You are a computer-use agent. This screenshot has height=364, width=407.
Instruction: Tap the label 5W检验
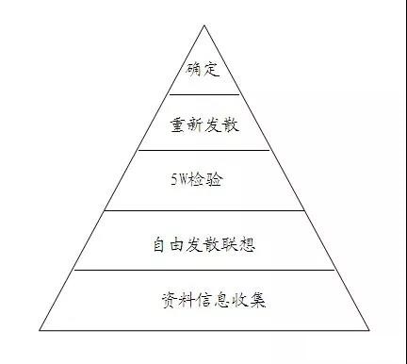(200, 179)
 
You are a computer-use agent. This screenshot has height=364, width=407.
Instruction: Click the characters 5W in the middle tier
(183, 179)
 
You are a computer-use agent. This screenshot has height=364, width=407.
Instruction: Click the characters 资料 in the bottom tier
(174, 302)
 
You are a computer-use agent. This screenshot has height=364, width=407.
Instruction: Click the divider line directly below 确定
(204, 94)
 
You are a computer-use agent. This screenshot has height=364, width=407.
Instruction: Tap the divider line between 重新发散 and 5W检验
(204, 151)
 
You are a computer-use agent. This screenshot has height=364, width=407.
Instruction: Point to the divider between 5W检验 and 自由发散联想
(203, 210)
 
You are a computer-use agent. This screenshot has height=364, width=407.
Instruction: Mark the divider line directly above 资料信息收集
(203, 270)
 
